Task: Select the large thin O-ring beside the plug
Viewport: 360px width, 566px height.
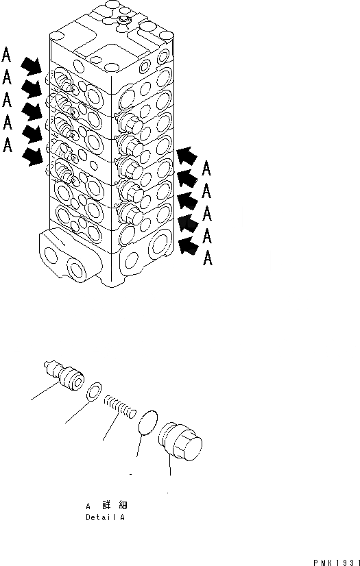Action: click(145, 423)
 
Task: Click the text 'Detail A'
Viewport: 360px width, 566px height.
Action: click(105, 518)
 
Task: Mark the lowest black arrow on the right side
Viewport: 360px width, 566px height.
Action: click(188, 244)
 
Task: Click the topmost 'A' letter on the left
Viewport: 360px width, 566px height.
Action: click(7, 53)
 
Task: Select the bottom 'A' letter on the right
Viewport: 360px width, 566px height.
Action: click(208, 259)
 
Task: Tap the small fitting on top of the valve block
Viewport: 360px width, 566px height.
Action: click(123, 22)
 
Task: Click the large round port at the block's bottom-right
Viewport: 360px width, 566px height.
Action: click(160, 245)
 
